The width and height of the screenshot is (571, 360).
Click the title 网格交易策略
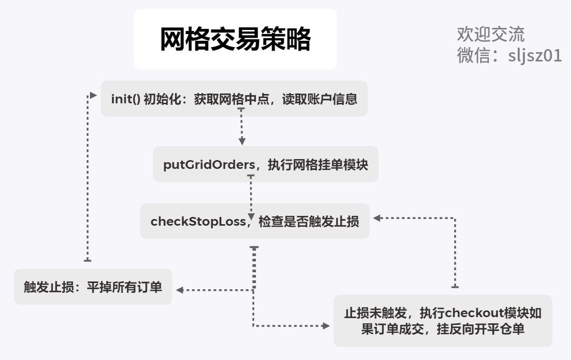point(235,39)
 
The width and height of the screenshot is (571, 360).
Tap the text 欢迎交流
point(490,34)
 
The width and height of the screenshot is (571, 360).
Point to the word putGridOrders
point(209,165)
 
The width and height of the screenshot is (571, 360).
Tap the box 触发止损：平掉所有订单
point(93,287)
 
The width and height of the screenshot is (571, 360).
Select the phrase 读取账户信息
point(319,99)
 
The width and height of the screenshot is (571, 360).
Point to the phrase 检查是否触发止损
point(308,222)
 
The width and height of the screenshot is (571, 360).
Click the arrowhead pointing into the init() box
point(94,95)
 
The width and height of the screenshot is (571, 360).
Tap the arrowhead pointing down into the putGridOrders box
point(241,141)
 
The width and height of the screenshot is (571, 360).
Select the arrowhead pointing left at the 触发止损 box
point(180,290)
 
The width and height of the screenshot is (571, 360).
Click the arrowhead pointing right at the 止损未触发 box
point(326,326)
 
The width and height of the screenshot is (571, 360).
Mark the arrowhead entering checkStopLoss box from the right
point(377,218)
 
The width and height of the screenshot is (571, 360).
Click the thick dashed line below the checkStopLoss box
point(254,269)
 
